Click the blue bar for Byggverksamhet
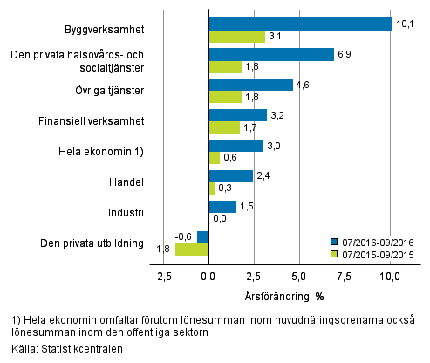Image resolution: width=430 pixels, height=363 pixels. coord(300,24)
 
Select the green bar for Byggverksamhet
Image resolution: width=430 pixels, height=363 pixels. coord(236,37)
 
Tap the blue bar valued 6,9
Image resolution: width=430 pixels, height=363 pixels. coord(271,54)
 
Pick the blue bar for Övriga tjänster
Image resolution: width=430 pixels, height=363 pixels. coord(250,85)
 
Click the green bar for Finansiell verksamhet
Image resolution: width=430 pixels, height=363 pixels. coord(224,128)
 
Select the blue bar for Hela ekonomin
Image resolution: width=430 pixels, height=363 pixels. coord(235,146)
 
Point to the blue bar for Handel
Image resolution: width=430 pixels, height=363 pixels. coord(230,176)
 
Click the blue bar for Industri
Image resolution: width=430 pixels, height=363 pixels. coord(222,207)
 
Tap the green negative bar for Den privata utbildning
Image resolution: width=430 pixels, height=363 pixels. coord(192,250)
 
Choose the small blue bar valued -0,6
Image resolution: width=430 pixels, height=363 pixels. coord(203,236)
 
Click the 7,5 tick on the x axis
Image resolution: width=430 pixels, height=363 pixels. coord(346,277)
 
